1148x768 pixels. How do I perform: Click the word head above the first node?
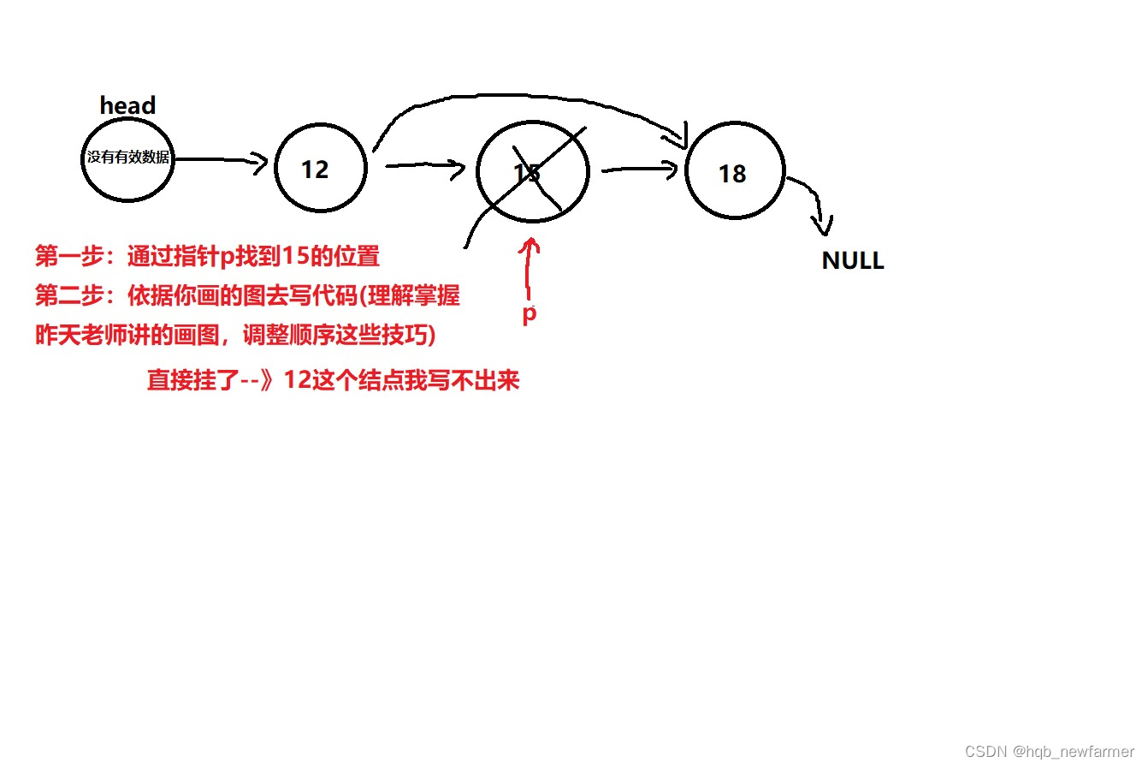(127, 105)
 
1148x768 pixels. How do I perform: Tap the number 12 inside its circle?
(315, 170)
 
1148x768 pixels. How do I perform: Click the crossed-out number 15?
(527, 173)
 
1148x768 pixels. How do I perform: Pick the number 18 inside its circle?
(732, 174)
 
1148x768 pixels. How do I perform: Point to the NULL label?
(852, 260)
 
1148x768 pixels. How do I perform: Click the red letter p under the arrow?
(530, 313)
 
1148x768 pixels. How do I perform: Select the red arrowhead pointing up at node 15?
(531, 245)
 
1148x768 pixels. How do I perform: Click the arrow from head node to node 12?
(221, 160)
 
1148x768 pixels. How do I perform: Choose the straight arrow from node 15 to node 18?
(638, 170)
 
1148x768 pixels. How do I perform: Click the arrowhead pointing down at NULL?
(823, 227)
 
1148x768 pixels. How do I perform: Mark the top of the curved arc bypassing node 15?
(513, 96)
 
